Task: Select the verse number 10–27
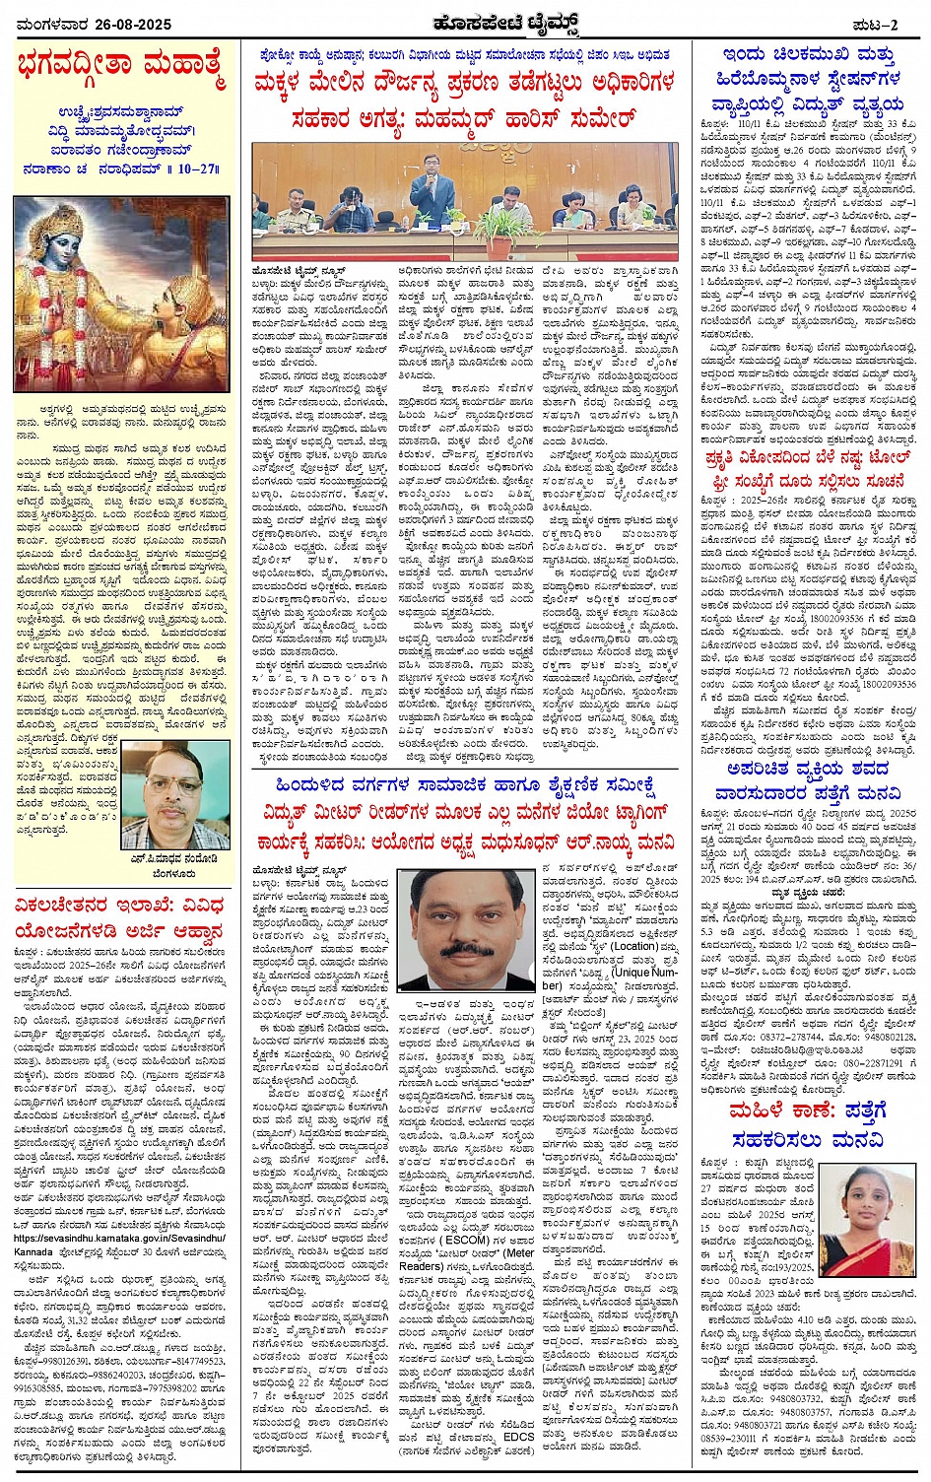193,168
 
